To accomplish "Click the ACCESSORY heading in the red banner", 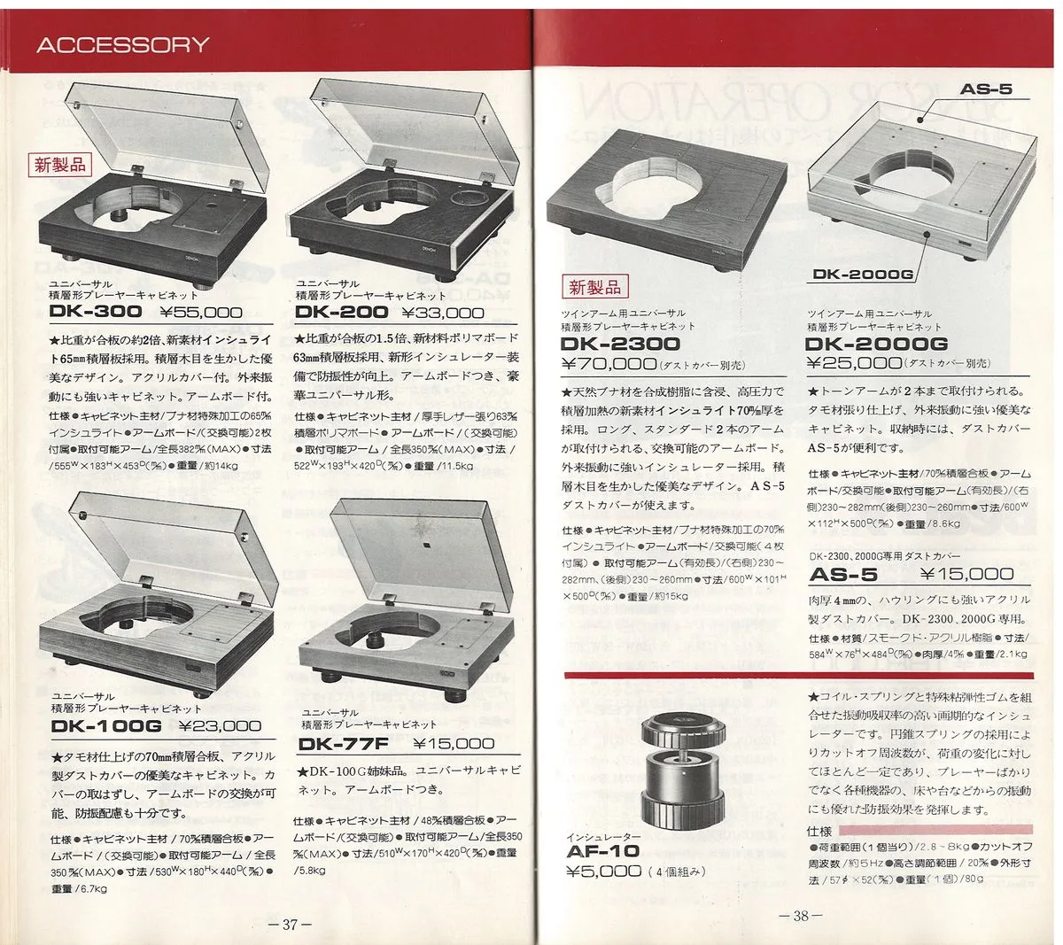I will pos(122,45).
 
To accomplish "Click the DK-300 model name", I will pos(96,312).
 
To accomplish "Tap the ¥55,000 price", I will pos(201,312).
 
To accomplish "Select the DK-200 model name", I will pos(341,312).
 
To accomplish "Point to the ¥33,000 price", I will pos(443,312).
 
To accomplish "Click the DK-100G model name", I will pos(106,726).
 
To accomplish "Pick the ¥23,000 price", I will pos(220,726).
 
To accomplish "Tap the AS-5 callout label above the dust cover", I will pos(985,89).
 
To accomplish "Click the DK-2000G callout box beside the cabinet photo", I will pos(863,275).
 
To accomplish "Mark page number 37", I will pos(289,926).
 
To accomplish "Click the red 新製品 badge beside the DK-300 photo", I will pos(60,164).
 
